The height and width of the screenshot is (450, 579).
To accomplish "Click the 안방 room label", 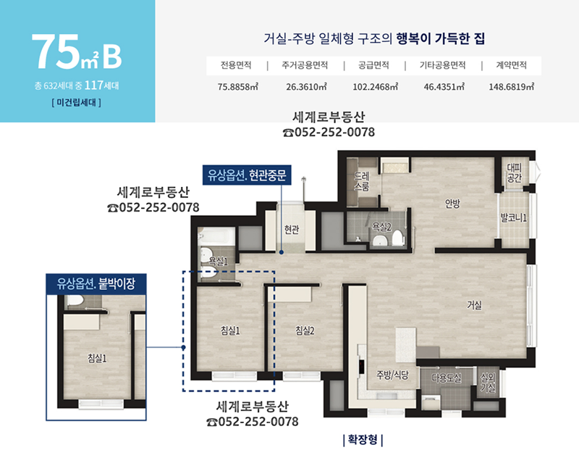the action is [x=452, y=204].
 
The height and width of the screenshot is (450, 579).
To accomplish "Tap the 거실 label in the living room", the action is [x=474, y=305].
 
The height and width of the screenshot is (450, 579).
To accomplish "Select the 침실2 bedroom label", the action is [x=305, y=330].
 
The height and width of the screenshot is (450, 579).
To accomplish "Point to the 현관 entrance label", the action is [x=292, y=230].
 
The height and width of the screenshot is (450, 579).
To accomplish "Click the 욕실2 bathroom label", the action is [x=381, y=226].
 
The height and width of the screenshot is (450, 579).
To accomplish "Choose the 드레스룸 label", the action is [x=361, y=181].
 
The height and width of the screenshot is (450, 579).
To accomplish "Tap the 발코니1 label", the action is [x=513, y=218].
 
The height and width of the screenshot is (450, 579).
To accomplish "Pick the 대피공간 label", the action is [x=514, y=172].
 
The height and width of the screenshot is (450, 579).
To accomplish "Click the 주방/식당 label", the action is [x=392, y=375].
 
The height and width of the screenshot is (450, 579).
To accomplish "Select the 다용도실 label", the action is [x=446, y=378].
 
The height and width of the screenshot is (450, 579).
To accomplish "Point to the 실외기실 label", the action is [x=488, y=383].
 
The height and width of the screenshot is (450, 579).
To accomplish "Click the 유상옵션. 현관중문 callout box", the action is [x=247, y=175].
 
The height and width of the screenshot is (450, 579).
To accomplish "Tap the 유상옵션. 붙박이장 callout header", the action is [x=96, y=284].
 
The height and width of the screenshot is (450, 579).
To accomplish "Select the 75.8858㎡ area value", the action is [x=238, y=87].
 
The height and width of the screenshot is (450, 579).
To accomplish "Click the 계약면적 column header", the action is [x=511, y=65].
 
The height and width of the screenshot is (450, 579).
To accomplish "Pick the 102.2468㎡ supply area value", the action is [x=375, y=87].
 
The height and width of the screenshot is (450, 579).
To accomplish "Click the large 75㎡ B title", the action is [x=77, y=51].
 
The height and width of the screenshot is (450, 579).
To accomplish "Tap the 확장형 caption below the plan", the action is [x=363, y=440].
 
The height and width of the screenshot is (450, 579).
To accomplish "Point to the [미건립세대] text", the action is [x=77, y=102].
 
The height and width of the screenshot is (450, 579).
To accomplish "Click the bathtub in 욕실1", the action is [x=216, y=236].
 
